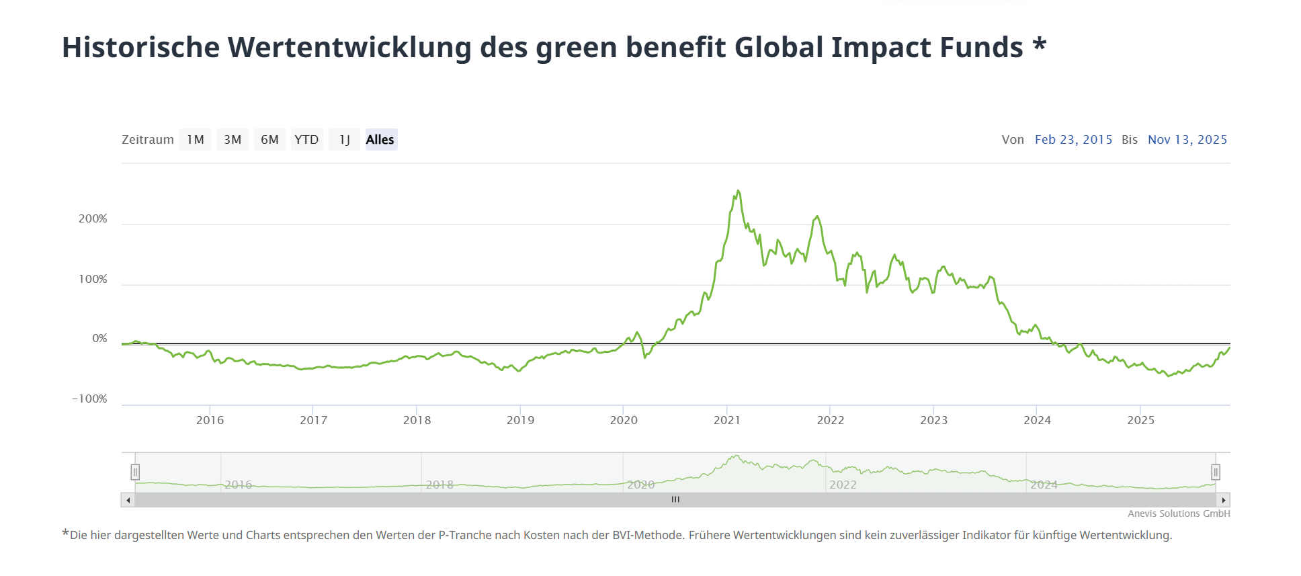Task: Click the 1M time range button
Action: pos(195,140)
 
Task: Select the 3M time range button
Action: pos(233,140)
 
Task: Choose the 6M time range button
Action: pos(269,140)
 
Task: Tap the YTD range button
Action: pos(306,140)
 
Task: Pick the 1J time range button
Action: pos(344,140)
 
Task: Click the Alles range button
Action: pos(380,140)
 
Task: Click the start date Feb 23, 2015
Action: pos(1073,140)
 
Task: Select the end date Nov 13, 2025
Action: pos(1187,140)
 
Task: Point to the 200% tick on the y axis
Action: pos(93,219)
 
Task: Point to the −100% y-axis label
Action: pos(89,399)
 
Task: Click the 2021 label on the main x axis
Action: pos(726,420)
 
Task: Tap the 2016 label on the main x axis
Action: pos(210,420)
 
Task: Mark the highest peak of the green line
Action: pos(738,191)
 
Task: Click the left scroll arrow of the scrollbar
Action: pos(128,500)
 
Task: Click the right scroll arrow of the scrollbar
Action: pos(1223,500)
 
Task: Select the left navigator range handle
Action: pos(135,472)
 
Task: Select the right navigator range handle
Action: pos(1215,472)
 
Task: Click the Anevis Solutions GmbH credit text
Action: pos(1179,513)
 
